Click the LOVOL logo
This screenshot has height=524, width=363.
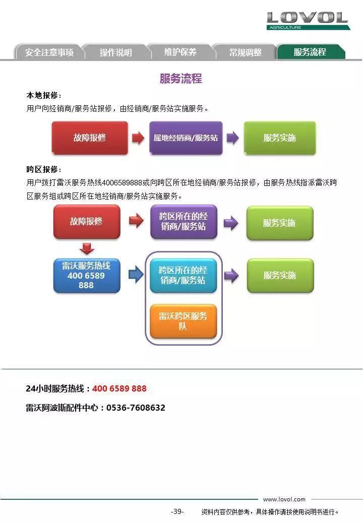coord(308,20)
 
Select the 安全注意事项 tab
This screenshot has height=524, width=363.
coord(49,52)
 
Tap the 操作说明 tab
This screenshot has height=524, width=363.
coord(115,52)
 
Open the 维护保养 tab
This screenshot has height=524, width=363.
coord(180,52)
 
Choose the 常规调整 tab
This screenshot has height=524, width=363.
coord(246,52)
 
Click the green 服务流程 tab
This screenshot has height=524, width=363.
coord(310,52)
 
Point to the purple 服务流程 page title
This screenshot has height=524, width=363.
coord(181,79)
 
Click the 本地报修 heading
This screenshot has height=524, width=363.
coord(44,95)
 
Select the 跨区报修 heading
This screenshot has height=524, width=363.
coord(44,169)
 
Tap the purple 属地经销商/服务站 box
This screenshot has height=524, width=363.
coord(186,138)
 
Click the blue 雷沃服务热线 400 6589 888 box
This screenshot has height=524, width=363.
coord(87,276)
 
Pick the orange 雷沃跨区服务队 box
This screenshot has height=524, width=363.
coord(183,321)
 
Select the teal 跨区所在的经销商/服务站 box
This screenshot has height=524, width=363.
coord(183,276)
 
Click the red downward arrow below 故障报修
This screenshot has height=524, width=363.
coord(87,248)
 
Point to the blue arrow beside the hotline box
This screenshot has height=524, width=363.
coord(136,275)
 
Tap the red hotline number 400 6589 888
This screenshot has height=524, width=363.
coord(119,388)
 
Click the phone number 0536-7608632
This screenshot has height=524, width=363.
coord(136,408)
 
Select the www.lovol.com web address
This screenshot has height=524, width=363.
coord(284,499)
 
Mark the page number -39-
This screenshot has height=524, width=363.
coord(177,511)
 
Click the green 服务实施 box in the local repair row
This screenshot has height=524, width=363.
coord(280,138)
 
